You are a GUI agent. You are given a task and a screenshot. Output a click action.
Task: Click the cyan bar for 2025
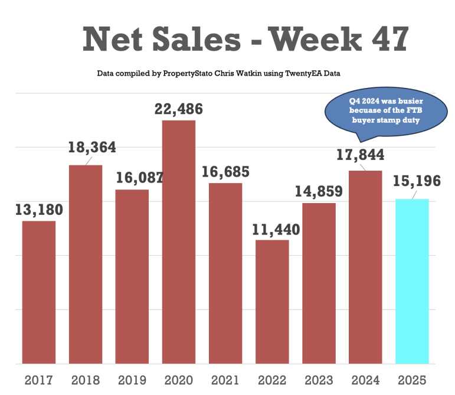[x=412, y=281]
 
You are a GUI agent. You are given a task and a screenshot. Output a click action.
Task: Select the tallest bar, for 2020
[x=178, y=242]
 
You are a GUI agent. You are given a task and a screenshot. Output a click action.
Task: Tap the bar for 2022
[x=272, y=302]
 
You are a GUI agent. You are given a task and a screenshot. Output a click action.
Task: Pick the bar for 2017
[x=39, y=292]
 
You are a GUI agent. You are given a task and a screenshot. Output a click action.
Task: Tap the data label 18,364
[x=91, y=148]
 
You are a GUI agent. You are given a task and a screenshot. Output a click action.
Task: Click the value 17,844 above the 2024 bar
[x=361, y=155]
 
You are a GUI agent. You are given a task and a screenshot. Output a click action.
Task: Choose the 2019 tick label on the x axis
[x=132, y=380]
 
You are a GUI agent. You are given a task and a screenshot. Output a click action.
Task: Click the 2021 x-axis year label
[x=225, y=380]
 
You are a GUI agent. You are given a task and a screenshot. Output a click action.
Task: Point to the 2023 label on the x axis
[x=319, y=380]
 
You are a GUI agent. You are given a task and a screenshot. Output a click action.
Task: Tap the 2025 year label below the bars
[x=411, y=380]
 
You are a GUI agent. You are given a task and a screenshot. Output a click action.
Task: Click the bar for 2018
[x=86, y=264]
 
